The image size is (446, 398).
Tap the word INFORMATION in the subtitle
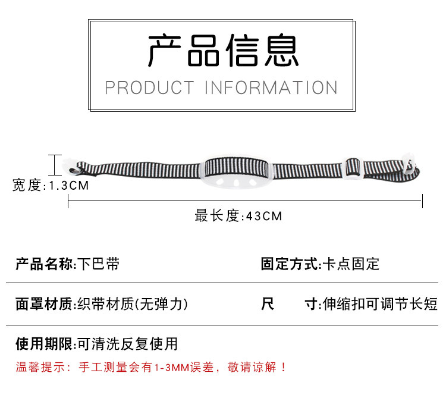tap(271, 87)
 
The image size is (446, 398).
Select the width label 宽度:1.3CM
tap(51, 186)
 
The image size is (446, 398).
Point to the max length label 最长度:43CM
tap(238, 215)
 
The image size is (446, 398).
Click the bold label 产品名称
tap(45, 264)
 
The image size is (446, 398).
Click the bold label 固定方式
tap(291, 264)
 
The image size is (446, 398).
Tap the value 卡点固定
tap(351, 264)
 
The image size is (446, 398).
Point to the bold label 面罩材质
tap(45, 304)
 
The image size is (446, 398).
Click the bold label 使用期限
tap(45, 343)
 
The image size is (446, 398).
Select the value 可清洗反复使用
tap(128, 343)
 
